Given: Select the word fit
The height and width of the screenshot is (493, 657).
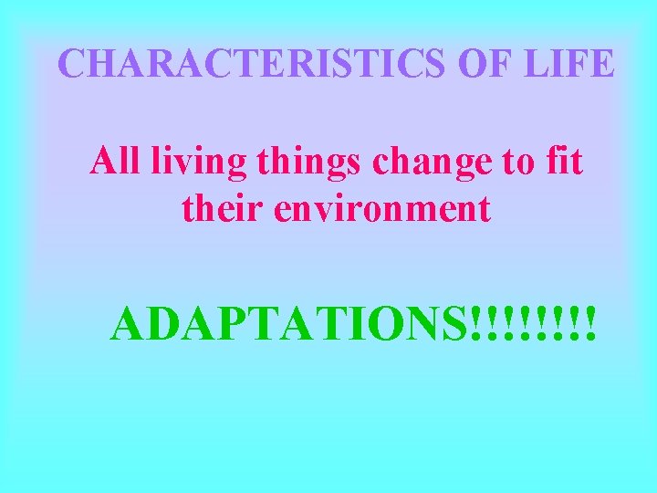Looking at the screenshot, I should coord(565,163).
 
